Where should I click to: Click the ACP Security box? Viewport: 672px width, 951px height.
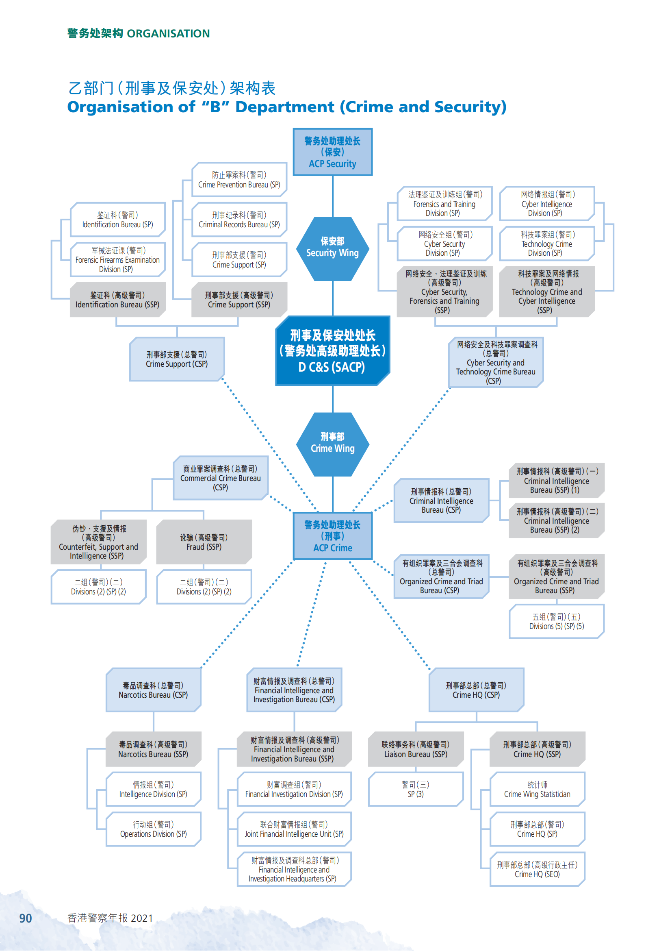(x=332, y=152)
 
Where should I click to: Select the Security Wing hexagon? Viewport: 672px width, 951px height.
(x=332, y=248)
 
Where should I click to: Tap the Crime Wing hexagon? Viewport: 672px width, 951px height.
(x=332, y=444)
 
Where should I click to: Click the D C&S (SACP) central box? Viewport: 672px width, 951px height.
(x=332, y=351)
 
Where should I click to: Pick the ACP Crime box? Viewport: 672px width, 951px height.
(x=332, y=536)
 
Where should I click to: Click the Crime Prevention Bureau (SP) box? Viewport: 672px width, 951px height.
(x=239, y=180)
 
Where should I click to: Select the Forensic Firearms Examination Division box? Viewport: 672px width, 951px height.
(x=117, y=260)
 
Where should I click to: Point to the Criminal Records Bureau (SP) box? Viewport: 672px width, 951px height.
(x=239, y=220)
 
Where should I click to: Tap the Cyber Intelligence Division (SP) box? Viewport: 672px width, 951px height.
(x=546, y=203)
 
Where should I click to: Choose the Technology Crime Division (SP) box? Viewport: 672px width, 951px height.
(x=546, y=244)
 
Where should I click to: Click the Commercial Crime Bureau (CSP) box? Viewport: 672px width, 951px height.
(x=221, y=478)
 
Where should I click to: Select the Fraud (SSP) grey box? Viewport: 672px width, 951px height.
(x=204, y=542)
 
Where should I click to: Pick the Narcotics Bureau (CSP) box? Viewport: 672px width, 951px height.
(x=153, y=690)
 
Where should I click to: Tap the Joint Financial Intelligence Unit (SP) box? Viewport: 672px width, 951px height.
(x=294, y=829)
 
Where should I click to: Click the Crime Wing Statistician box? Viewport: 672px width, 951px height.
(x=537, y=790)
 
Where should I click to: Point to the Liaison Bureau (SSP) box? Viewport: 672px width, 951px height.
(x=416, y=749)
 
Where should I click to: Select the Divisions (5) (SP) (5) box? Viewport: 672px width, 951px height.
(x=557, y=621)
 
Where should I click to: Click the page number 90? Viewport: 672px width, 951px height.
(x=25, y=918)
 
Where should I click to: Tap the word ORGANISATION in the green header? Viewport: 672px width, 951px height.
(x=168, y=34)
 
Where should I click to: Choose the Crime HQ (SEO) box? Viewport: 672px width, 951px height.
(x=537, y=869)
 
